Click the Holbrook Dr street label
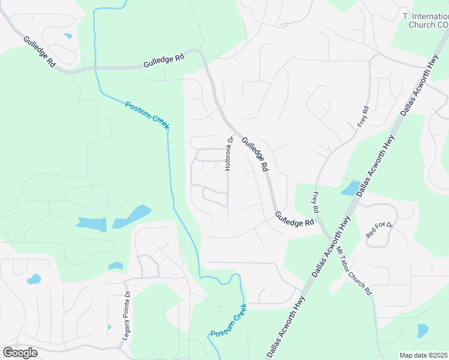coord(229,154)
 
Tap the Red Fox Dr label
coord(379,233)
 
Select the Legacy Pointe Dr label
coord(126,316)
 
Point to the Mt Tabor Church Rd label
coord(354,271)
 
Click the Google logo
coord(20,353)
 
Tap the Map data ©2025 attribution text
coord(423,355)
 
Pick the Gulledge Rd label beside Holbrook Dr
coord(255,155)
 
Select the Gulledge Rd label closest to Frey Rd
coord(295,218)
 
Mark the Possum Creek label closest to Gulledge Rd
coord(148,115)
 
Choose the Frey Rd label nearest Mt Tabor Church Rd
coord(315,203)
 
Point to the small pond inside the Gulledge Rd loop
coord(67,36)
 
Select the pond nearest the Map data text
coord(423,331)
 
